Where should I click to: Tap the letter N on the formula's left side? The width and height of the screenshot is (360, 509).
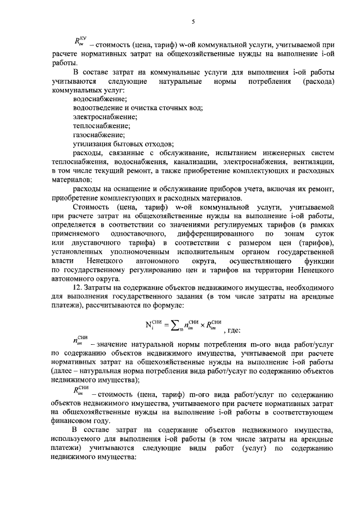(x=148, y=324)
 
